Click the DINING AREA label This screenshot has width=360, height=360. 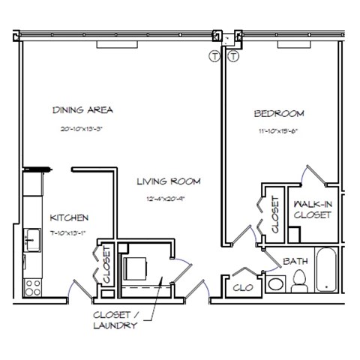click(82, 110)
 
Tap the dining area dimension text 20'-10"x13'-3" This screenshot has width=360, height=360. click(82, 129)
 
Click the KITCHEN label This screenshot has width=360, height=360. click(70, 217)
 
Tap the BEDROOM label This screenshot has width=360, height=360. click(278, 114)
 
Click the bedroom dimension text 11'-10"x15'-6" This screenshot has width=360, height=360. click(278, 132)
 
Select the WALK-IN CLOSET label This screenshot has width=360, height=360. click(313, 209)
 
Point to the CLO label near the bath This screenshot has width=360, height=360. click(242, 286)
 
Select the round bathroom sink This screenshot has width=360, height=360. click(275, 284)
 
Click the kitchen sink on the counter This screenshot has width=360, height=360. click(32, 240)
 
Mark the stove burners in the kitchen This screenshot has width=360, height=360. click(32, 285)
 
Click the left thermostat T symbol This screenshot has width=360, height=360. click(214, 56)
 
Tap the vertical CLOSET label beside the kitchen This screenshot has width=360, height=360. click(106, 266)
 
